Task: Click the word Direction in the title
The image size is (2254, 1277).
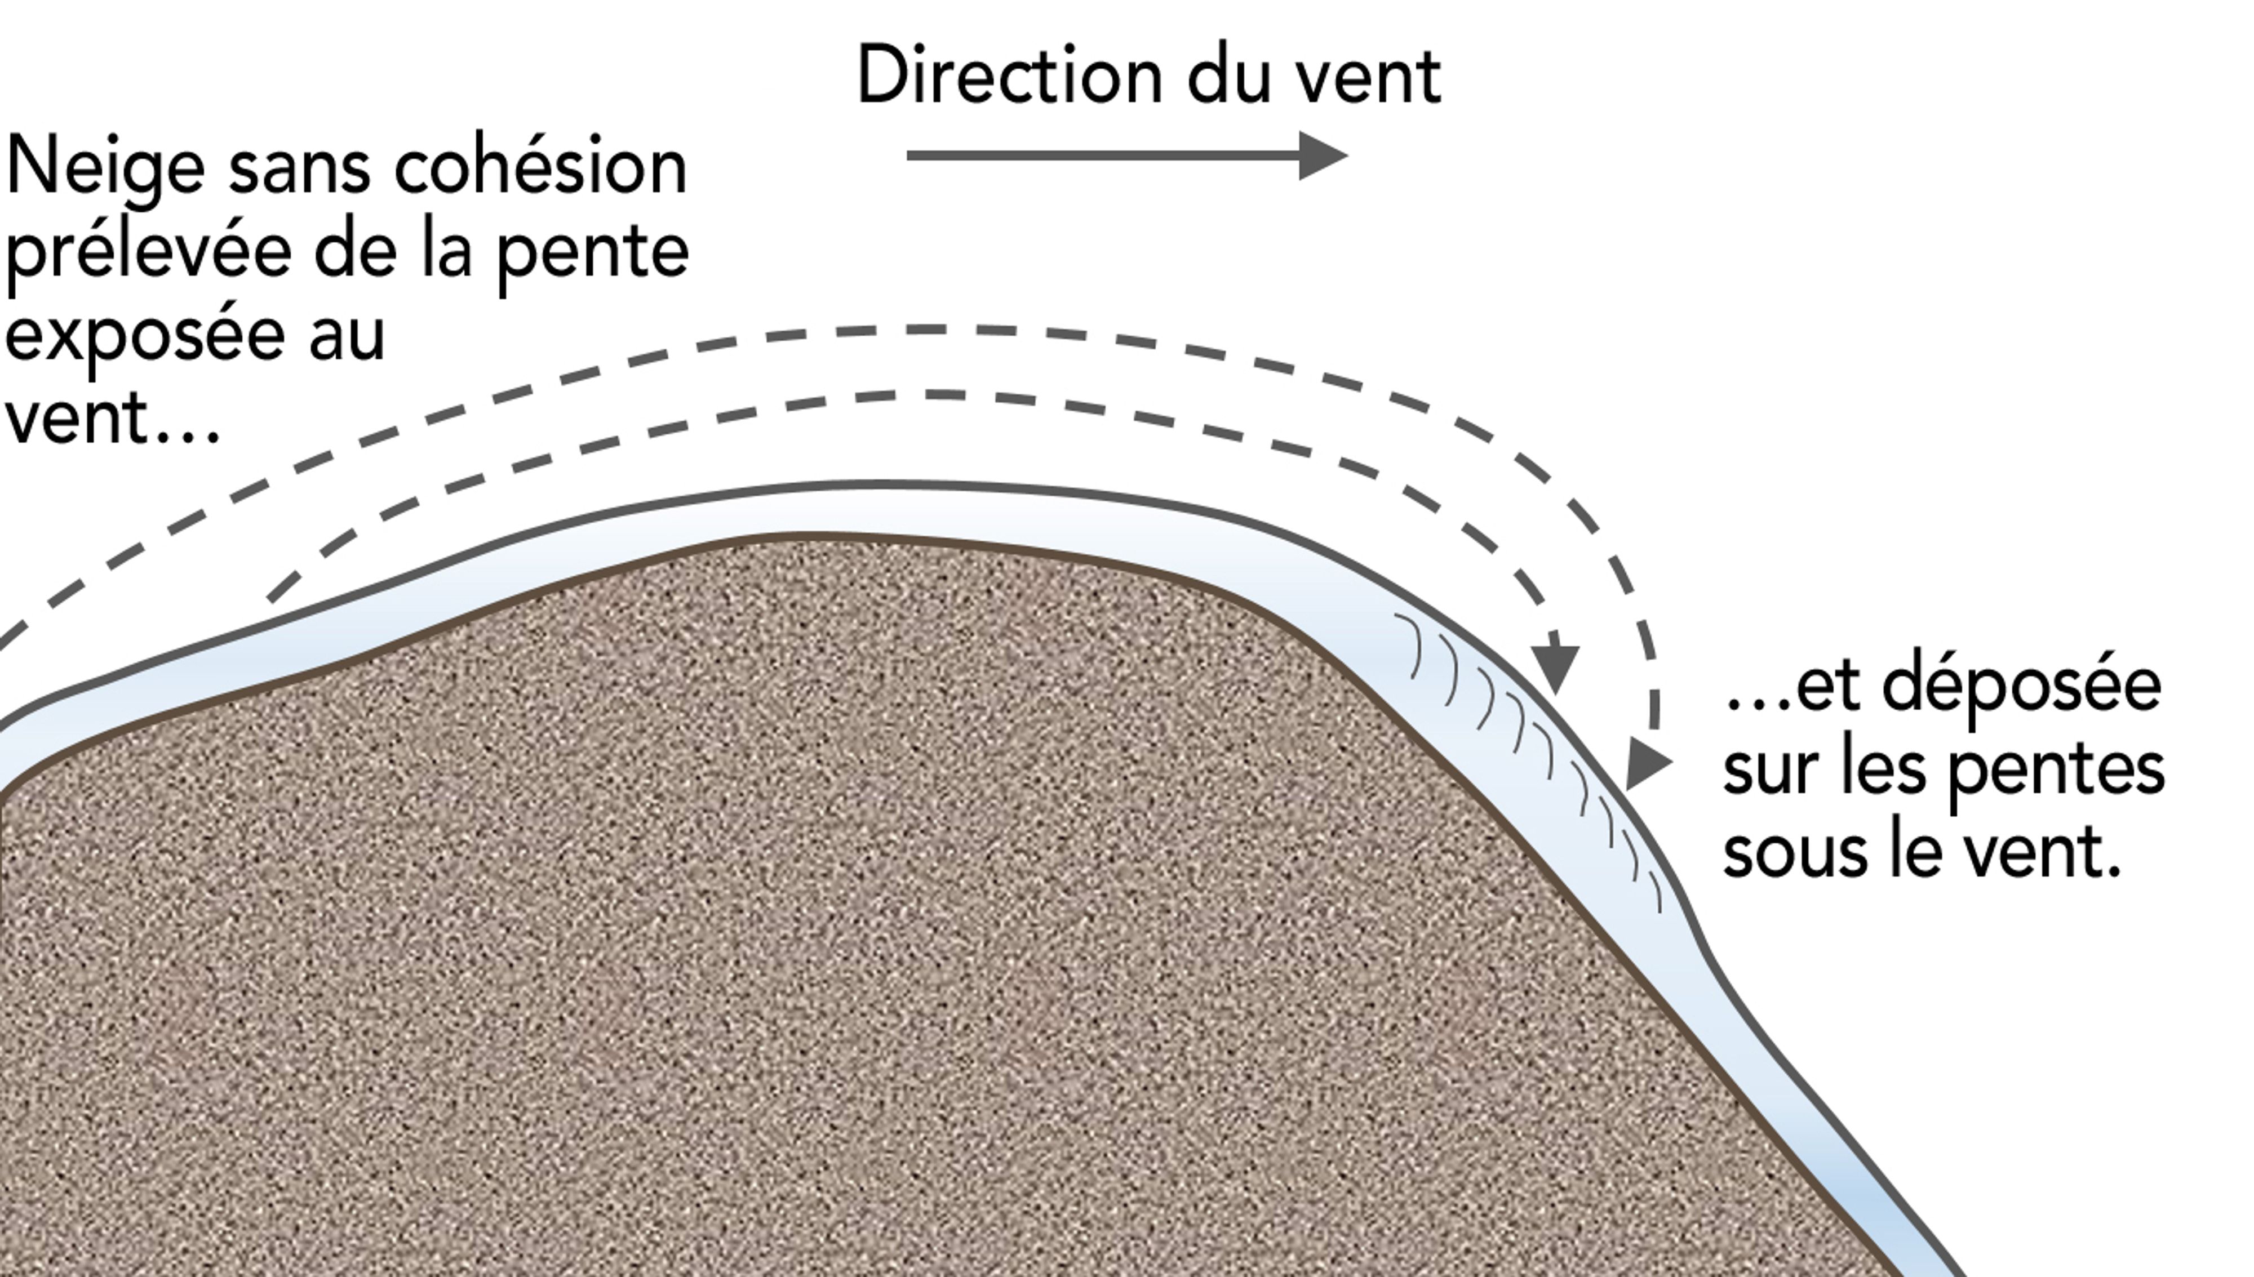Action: pos(1009,77)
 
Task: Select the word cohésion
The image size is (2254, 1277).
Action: pos(540,167)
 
